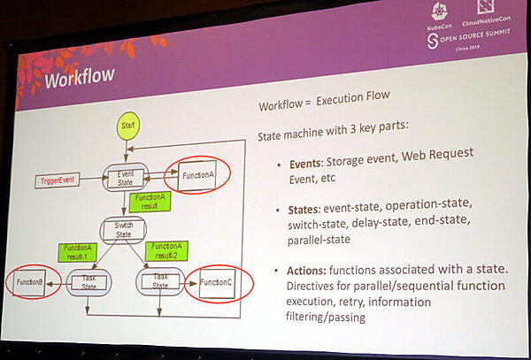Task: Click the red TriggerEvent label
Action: pyautogui.click(x=58, y=181)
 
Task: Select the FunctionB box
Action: pyautogui.click(x=29, y=283)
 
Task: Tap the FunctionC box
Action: pyautogui.click(x=216, y=282)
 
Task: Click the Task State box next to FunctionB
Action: pyautogui.click(x=89, y=284)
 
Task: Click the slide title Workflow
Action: pyautogui.click(x=80, y=77)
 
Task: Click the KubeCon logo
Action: pyautogui.click(x=439, y=19)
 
